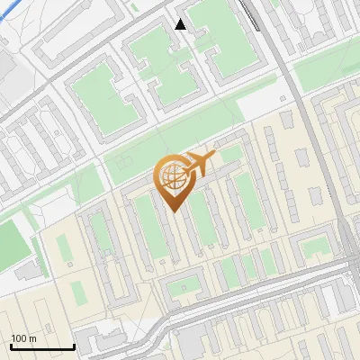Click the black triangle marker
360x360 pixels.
point(181,24)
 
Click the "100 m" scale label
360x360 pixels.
point(23,338)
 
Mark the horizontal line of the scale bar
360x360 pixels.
point(42,347)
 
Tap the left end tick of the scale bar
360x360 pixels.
point(11,346)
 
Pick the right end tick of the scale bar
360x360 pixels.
point(74,346)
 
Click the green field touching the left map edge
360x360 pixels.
point(11,243)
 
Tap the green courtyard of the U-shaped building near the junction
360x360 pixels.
point(315,247)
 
